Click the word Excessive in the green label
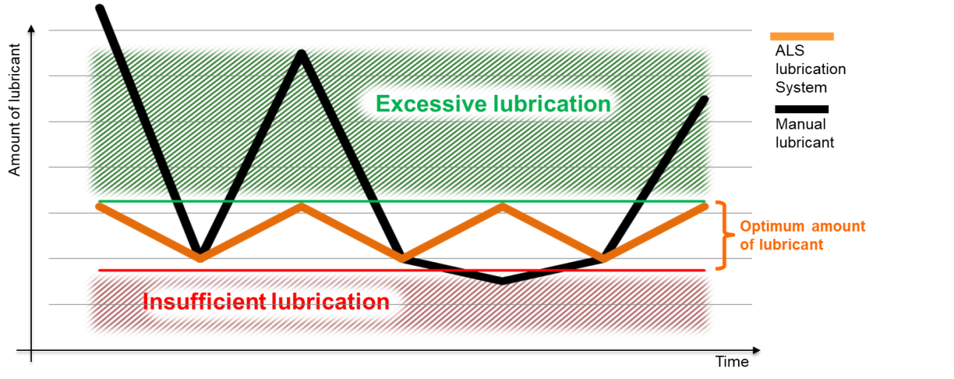[x=431, y=104]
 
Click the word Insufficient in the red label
[x=204, y=301]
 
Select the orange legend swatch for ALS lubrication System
[x=802, y=36]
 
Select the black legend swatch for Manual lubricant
[x=802, y=109]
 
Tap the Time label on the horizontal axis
[x=731, y=361]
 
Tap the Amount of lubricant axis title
[x=15, y=110]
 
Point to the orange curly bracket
[x=725, y=235]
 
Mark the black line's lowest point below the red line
[x=503, y=281]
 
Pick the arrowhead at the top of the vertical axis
[x=31, y=29]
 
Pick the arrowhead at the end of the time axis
[x=756, y=350]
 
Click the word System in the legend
[x=801, y=87]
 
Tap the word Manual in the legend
[x=800, y=124]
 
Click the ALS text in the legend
[x=790, y=50]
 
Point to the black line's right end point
[x=704, y=99]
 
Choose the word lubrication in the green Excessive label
[x=552, y=104]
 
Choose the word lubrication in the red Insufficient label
[x=331, y=301]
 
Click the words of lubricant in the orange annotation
[x=782, y=245]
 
